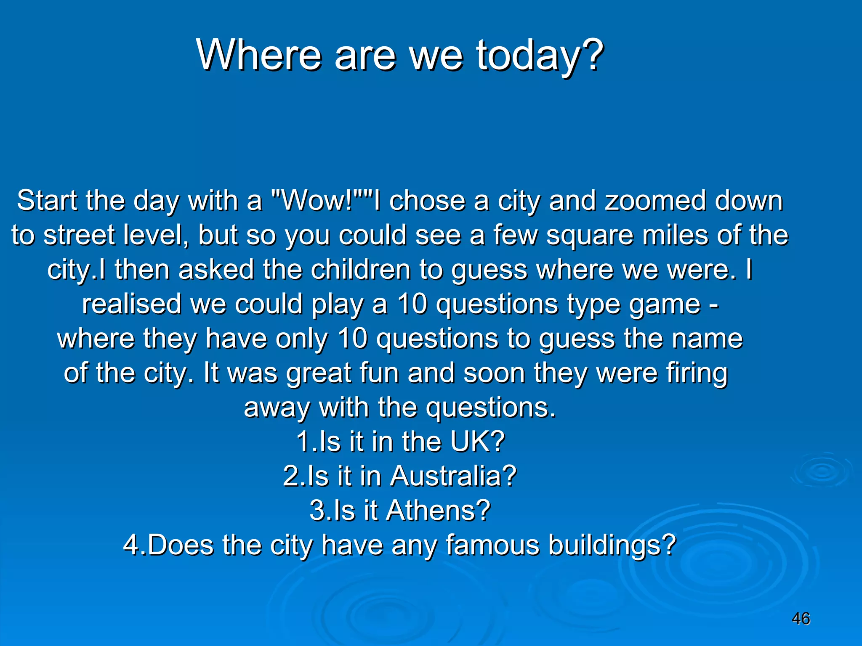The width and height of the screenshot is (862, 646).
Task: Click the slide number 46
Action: [801, 619]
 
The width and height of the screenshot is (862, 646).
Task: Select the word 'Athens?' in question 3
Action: [438, 510]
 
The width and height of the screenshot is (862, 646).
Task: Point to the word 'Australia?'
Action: [453, 476]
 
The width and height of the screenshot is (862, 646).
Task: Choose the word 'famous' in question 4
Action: [492, 545]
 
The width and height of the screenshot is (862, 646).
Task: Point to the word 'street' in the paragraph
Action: [79, 235]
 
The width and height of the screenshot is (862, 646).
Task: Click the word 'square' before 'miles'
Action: [590, 236]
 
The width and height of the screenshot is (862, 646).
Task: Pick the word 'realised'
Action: [131, 304]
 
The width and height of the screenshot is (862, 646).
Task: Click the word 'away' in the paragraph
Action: [277, 408]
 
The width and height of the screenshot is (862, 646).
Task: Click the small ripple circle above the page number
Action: [821, 471]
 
